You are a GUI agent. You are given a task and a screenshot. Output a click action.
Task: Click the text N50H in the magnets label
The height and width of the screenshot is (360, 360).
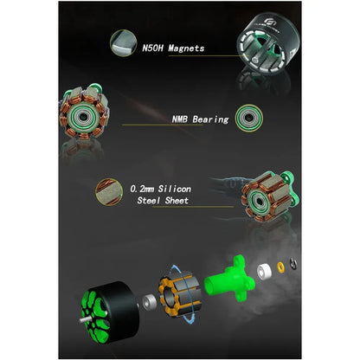152,48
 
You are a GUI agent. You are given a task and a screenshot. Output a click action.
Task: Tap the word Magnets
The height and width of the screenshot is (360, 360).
186,48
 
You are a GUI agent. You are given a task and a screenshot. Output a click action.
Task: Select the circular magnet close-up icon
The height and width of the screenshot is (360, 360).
124,42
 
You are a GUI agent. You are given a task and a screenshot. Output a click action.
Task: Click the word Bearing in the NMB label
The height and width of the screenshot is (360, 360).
211,119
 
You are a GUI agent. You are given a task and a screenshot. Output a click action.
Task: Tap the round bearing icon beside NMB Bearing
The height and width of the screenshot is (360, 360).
249,118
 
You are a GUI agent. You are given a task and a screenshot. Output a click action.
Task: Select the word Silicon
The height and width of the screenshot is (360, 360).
175,189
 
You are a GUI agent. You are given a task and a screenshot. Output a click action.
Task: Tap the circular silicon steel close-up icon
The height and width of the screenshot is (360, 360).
109,192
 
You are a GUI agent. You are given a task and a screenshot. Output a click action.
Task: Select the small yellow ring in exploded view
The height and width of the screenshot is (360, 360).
280,267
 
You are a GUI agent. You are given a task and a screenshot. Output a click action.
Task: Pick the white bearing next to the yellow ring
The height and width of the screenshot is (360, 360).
265,272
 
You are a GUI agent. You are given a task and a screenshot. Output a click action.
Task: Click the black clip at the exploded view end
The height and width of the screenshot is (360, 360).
293,264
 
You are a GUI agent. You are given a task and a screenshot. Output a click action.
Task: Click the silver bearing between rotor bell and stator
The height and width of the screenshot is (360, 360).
150,302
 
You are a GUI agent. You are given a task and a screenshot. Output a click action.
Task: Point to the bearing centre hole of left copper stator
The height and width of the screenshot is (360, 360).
83,117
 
